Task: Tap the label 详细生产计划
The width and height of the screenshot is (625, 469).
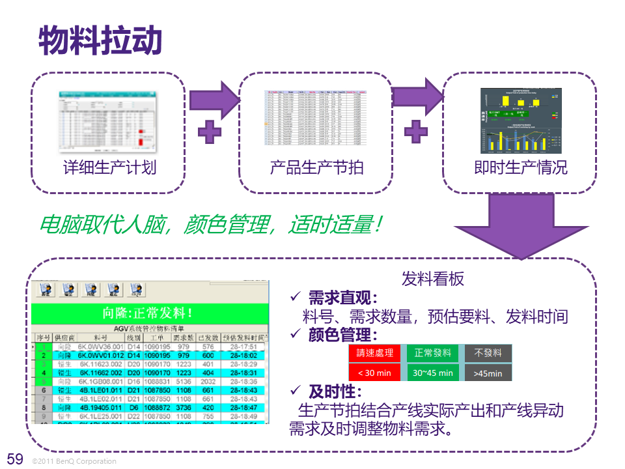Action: coord(109,167)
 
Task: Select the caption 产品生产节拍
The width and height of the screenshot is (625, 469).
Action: coord(316,167)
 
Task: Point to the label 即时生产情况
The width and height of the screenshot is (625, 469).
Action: coord(520,167)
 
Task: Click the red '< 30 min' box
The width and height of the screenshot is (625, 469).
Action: coord(375,373)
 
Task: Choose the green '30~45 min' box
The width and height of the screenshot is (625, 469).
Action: coord(432,373)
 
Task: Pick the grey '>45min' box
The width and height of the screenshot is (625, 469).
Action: coord(488,373)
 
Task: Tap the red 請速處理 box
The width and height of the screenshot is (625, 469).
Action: coord(375,353)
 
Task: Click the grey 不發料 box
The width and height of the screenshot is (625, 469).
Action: coord(488,353)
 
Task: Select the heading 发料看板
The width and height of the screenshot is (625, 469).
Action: coord(433,279)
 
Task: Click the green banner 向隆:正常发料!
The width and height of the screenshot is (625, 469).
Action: coord(150,313)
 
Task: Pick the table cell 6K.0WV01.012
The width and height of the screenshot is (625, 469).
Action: coord(101,356)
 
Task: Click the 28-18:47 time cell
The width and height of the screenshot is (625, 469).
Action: coord(243,407)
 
